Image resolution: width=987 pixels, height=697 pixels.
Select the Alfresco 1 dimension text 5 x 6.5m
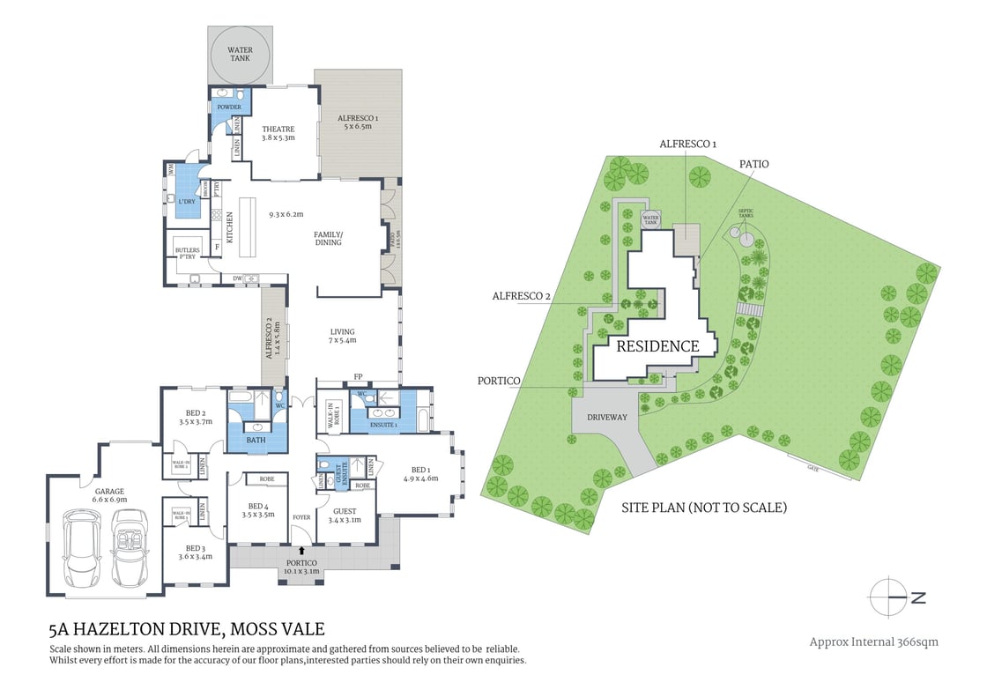click(x=358, y=126)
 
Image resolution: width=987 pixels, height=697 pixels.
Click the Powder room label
click(x=229, y=107)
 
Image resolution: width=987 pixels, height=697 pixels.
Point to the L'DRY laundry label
click(x=187, y=202)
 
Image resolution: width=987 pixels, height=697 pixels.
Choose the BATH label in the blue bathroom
click(x=256, y=439)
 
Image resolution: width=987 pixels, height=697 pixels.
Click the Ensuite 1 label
click(x=384, y=426)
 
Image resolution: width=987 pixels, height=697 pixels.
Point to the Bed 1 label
click(x=421, y=469)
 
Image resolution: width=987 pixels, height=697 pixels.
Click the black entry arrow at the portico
click(x=302, y=550)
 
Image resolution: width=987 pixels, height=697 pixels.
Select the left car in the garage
click(x=80, y=552)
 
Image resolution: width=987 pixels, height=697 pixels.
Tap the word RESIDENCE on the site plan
click(x=657, y=346)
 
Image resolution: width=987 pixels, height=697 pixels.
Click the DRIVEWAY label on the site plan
click(x=607, y=417)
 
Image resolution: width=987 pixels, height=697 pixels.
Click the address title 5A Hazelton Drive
click(x=188, y=629)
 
